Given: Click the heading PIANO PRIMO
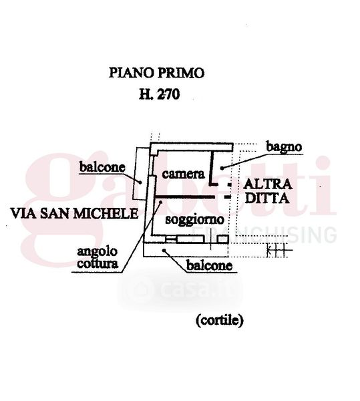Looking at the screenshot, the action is pyautogui.click(x=156, y=73).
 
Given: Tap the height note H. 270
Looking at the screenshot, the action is pyautogui.click(x=159, y=94).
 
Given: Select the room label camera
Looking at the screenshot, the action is pyautogui.click(x=183, y=174).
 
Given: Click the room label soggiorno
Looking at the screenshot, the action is pyautogui.click(x=194, y=220).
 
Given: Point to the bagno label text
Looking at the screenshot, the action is pyautogui.click(x=284, y=147).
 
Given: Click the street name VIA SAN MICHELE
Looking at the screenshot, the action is pyautogui.click(x=74, y=213).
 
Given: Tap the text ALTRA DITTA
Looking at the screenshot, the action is pyautogui.click(x=268, y=191).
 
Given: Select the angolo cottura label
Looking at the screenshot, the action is pyautogui.click(x=98, y=258).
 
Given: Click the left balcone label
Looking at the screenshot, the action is pyautogui.click(x=102, y=167).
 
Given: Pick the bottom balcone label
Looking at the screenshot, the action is pyautogui.click(x=209, y=265).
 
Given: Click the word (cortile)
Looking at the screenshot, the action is pyautogui.click(x=220, y=320).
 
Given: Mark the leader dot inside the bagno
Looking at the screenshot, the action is pyautogui.click(x=222, y=168).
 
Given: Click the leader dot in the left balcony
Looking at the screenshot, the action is pyautogui.click(x=140, y=182).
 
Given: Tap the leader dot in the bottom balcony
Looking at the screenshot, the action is pyautogui.click(x=164, y=250).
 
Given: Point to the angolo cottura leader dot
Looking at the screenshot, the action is pyautogui.click(x=161, y=202).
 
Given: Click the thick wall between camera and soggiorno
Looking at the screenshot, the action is pyautogui.click(x=184, y=197).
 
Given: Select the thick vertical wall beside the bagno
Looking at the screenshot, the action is pyautogui.click(x=211, y=168).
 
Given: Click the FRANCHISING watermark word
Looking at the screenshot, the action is pyautogui.click(x=264, y=235).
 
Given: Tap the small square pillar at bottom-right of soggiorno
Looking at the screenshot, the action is pyautogui.click(x=222, y=239).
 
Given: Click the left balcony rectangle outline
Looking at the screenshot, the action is pyautogui.click(x=135, y=174).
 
